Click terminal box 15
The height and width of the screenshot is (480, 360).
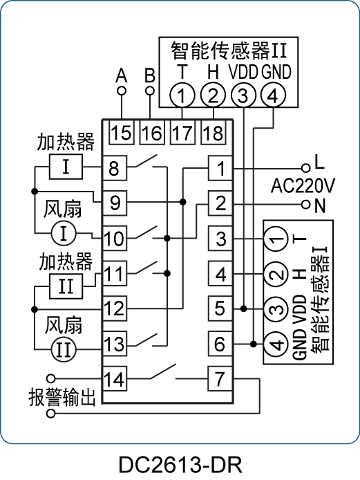point(122,132)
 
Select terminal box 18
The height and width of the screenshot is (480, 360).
point(214,132)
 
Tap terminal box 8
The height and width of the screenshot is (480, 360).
point(115,168)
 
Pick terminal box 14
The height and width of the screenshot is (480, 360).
point(115,378)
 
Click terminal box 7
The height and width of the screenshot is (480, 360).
point(220,378)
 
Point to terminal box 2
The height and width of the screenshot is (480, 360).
point(220,203)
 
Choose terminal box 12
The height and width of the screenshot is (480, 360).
point(115,308)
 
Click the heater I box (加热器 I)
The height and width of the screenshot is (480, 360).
point(66,167)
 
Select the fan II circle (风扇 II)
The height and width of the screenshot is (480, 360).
point(64,349)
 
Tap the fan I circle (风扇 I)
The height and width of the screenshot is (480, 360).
point(64,233)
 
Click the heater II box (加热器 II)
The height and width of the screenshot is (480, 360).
point(66,286)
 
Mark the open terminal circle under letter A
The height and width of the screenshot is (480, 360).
point(122,91)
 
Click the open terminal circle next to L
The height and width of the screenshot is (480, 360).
point(305,168)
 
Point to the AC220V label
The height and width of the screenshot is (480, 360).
point(303,185)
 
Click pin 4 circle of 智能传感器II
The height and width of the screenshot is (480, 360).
point(273,95)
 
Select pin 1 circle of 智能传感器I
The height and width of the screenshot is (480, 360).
point(276,239)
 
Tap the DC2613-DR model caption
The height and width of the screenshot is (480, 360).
point(180,465)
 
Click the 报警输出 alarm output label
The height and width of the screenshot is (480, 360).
point(62,397)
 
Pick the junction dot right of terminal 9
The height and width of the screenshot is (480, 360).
point(183,202)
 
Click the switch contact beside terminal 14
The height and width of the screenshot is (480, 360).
point(163,371)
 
